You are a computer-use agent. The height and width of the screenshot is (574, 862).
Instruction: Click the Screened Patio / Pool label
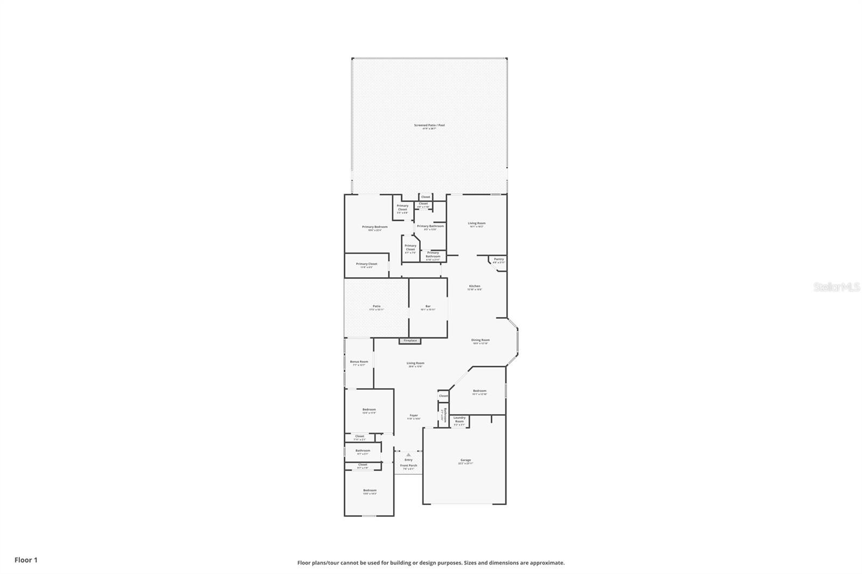[429, 125]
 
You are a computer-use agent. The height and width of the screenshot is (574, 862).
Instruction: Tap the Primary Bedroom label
[374, 227]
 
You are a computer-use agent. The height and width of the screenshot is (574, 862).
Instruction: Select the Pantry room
[499, 260]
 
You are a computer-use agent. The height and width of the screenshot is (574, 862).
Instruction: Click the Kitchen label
[474, 286]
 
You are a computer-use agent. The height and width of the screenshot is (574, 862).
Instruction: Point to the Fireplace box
[410, 341]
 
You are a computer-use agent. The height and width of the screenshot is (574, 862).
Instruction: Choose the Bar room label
[428, 306]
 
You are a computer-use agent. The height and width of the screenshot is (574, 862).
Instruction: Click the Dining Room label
[480, 340]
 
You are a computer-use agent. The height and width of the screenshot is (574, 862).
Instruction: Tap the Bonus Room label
[359, 362]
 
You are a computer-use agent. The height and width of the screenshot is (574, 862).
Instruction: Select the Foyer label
[413, 416]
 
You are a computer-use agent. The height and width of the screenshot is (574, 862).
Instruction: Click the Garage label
[465, 460]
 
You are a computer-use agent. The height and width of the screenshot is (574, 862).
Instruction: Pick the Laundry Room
[459, 419]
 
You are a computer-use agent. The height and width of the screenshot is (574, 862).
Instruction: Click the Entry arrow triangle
[408, 454]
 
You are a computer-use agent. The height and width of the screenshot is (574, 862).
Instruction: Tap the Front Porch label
[408, 466]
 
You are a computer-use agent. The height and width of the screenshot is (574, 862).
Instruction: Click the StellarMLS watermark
[836, 288]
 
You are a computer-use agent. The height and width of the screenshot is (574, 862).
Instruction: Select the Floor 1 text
[26, 560]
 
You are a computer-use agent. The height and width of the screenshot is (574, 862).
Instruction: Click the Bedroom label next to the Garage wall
[479, 391]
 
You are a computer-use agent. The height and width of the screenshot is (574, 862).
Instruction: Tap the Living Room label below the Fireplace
[415, 363]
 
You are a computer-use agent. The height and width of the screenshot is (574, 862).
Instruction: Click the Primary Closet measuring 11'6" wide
[366, 264]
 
